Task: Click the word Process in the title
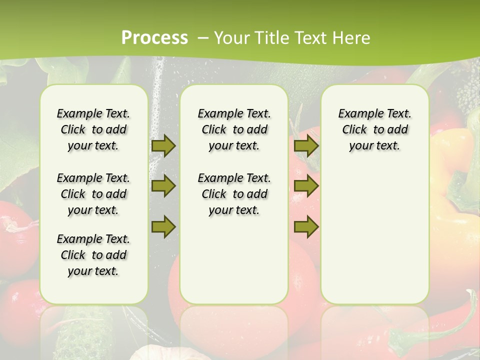tap(154, 38)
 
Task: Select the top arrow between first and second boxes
tap(163, 145)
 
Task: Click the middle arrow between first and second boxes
tap(163, 186)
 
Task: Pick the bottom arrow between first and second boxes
tap(163, 227)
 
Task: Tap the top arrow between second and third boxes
tap(306, 145)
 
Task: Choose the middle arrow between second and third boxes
tap(306, 186)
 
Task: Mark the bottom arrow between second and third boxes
tap(306, 227)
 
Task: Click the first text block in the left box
tap(93, 129)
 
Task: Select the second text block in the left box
tap(93, 194)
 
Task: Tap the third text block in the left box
tap(93, 255)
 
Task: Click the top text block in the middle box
tap(234, 129)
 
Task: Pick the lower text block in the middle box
tap(234, 194)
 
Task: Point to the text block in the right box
tap(374, 129)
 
